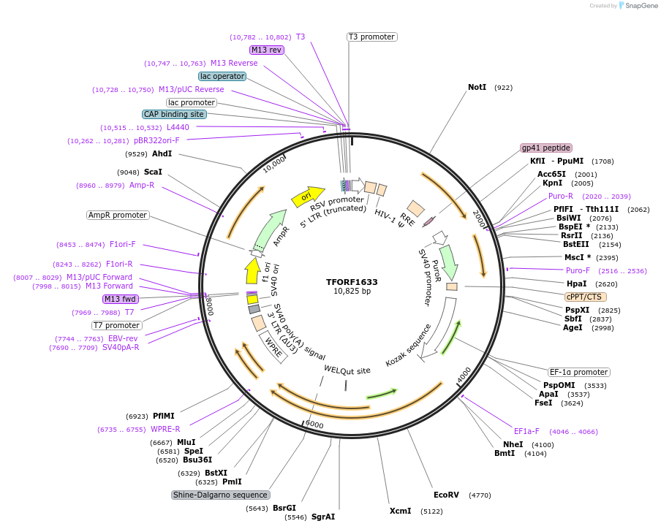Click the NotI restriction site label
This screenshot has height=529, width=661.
pyautogui.click(x=477, y=87)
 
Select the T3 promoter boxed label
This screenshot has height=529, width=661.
pyautogui.click(x=371, y=37)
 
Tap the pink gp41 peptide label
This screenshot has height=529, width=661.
pyautogui.click(x=546, y=148)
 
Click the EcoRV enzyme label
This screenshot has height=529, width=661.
pyautogui.click(x=446, y=495)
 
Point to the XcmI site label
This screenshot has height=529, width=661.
pyautogui.click(x=400, y=511)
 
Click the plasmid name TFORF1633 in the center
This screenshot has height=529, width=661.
pyautogui.click(x=352, y=281)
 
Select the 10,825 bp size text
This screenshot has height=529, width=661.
pyautogui.click(x=352, y=291)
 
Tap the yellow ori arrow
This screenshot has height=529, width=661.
pyautogui.click(x=306, y=196)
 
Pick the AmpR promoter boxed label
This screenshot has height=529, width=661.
pyautogui.click(x=118, y=215)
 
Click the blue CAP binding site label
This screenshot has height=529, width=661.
pyautogui.click(x=174, y=114)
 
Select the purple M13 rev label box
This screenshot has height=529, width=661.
pyautogui.click(x=266, y=50)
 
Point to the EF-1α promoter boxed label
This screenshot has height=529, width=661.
pyautogui.click(x=579, y=372)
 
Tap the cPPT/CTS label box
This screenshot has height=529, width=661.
pyautogui.click(x=586, y=297)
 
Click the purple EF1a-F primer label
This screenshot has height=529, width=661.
pyautogui.click(x=526, y=431)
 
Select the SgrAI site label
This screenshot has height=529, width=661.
pyautogui.click(x=323, y=517)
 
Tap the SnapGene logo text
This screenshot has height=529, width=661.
pyautogui.click(x=638, y=6)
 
